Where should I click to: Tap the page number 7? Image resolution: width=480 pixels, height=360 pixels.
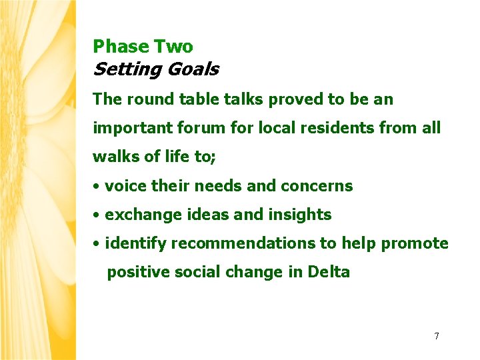(437, 336)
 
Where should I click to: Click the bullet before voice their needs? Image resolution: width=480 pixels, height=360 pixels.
(97, 187)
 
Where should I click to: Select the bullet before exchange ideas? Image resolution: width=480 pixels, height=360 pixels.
(97, 215)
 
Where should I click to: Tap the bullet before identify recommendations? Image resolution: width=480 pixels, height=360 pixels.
(97, 244)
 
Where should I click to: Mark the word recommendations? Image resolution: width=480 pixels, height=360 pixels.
(243, 243)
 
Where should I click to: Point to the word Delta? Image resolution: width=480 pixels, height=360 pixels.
(329, 272)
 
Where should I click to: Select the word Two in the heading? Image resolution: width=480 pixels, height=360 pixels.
(173, 47)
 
